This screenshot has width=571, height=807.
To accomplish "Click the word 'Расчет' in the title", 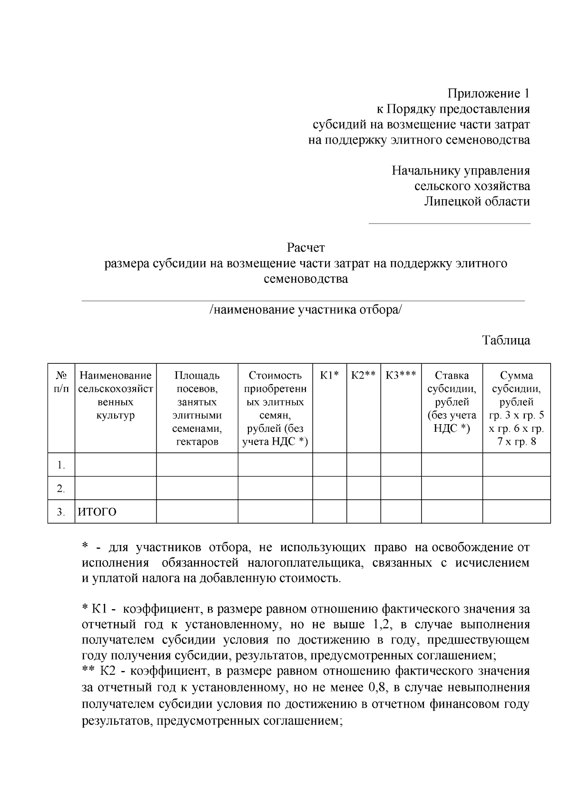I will click(x=305, y=248).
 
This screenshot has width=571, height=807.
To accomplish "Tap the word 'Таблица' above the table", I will click(x=506, y=340).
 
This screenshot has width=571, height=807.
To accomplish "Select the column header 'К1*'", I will click(x=329, y=376).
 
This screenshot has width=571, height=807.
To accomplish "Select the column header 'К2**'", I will click(x=364, y=376).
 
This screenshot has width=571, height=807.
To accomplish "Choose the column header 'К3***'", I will click(x=401, y=376).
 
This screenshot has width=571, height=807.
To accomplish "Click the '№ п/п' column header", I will click(x=61, y=382).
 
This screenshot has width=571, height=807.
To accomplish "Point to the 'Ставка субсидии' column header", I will click(x=452, y=402).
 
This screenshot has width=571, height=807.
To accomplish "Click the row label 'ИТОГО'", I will click(x=97, y=512).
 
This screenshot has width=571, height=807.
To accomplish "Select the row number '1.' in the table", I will click(x=61, y=465).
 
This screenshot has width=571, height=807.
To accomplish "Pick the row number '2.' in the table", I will click(x=61, y=488).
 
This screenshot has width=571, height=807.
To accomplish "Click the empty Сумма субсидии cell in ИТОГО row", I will click(x=516, y=512).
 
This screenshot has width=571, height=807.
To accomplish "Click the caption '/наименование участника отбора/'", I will click(x=305, y=310).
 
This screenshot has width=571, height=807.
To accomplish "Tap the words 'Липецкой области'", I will click(x=477, y=202).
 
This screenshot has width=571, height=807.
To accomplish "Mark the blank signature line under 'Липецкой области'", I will click(x=449, y=223).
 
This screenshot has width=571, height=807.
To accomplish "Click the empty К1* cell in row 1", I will click(x=329, y=465).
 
